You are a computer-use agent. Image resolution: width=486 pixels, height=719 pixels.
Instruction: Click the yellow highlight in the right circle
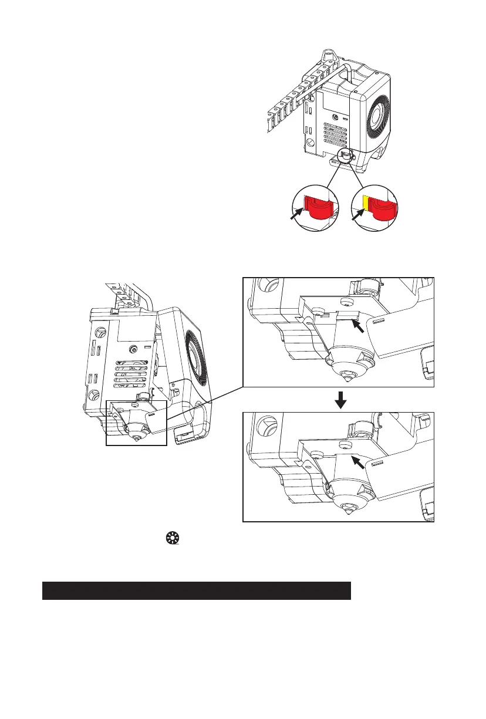pyautogui.click(x=365, y=203)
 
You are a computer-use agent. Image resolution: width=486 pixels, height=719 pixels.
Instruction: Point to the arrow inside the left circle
pyautogui.click(x=298, y=213)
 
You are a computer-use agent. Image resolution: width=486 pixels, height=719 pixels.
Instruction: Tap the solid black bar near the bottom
pyautogui.click(x=196, y=590)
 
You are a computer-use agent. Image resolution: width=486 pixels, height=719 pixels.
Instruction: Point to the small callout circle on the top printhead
pyautogui.click(x=346, y=156)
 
